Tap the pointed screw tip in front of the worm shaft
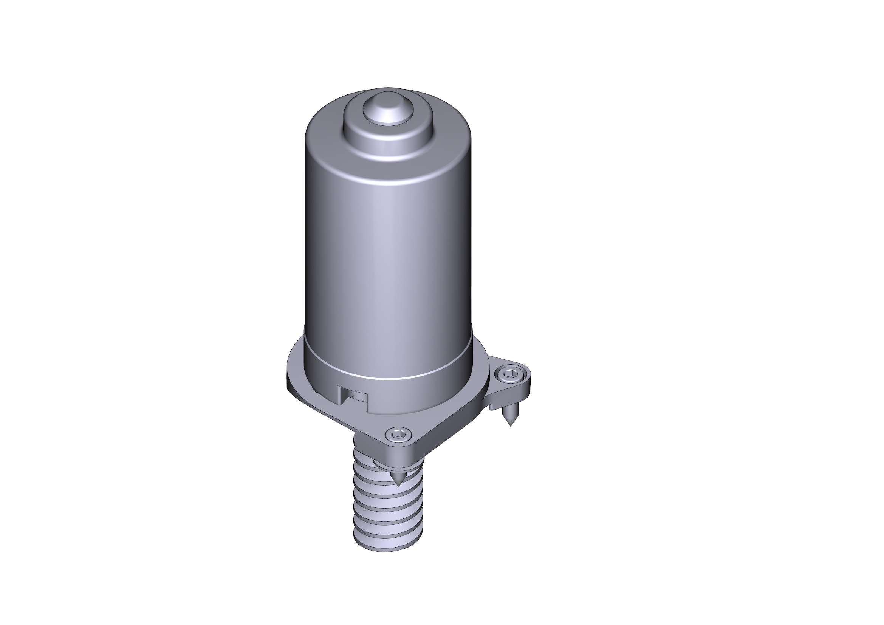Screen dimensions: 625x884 pyautogui.click(x=398, y=481)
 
